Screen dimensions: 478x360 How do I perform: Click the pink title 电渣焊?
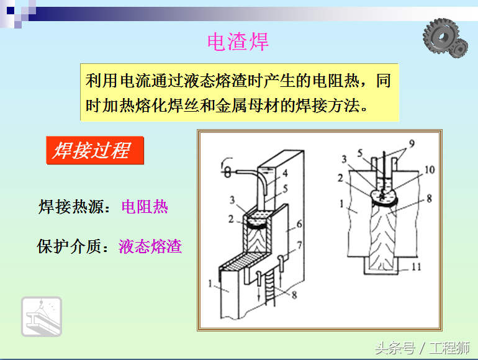[238, 42]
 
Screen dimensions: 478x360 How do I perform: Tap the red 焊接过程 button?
[95, 150]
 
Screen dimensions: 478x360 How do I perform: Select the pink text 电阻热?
[145, 207]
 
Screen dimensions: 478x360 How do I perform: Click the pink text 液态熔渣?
[150, 246]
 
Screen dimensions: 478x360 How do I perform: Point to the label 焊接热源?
[71, 207]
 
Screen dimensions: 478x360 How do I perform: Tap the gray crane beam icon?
[42, 317]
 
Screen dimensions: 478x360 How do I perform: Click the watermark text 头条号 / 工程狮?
[422, 348]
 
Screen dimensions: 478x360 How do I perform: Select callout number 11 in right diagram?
[417, 267]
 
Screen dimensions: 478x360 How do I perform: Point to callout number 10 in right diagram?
[430, 170]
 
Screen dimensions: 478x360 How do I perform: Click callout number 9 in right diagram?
[412, 143]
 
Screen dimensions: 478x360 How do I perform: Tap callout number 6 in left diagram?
[299, 224]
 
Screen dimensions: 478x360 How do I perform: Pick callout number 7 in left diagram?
[299, 245]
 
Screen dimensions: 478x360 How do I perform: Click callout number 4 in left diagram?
[285, 173]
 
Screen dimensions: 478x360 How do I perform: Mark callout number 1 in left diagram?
[210, 284]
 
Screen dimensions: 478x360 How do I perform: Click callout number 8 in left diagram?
[294, 295]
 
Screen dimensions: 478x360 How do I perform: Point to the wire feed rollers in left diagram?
[227, 170]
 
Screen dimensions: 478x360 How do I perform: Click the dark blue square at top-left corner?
[11, 11]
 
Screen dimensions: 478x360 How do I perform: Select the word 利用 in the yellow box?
[101, 81]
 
